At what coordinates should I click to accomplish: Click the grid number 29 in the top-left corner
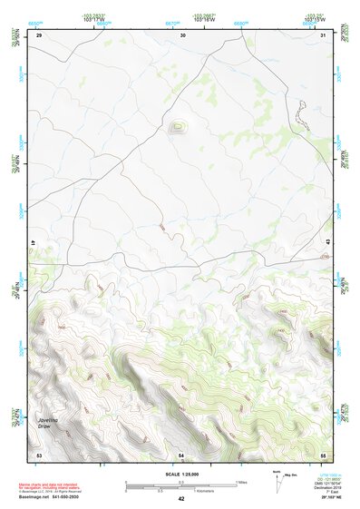coord(39,34)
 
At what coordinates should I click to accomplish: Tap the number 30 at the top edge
coord(183,34)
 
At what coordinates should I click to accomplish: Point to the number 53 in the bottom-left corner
coord(39,453)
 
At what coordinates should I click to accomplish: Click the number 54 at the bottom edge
coord(181,453)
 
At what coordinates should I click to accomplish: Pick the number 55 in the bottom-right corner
coord(323,453)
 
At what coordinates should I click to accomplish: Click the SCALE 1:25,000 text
coord(180,474)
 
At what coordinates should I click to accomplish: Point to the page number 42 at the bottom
coord(180,499)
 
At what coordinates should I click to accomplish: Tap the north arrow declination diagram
coord(279,477)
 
